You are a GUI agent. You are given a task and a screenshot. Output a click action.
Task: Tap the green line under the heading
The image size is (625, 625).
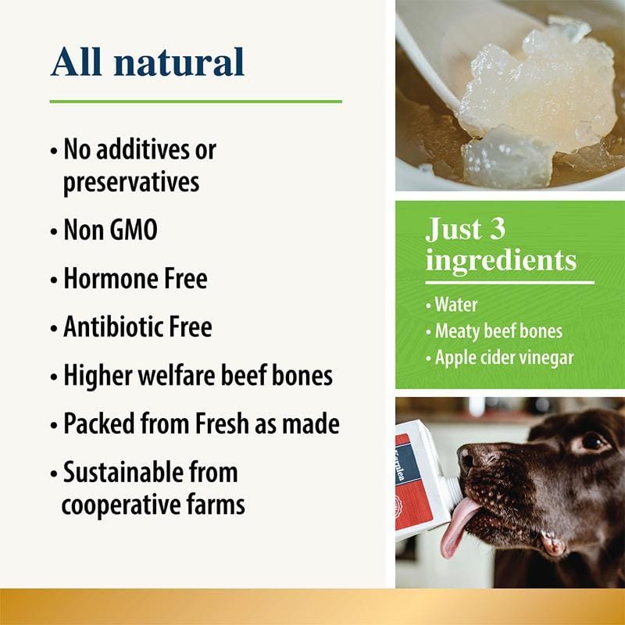point(195,102)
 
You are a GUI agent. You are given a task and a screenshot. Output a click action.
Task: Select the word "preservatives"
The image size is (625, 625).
point(130,182)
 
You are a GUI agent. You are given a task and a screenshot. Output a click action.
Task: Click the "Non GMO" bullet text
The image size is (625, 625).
point(109,230)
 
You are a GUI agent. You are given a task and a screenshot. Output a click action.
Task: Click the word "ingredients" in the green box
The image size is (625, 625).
point(501,260)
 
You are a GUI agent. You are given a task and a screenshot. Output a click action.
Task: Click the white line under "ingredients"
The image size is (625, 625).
point(509,282)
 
